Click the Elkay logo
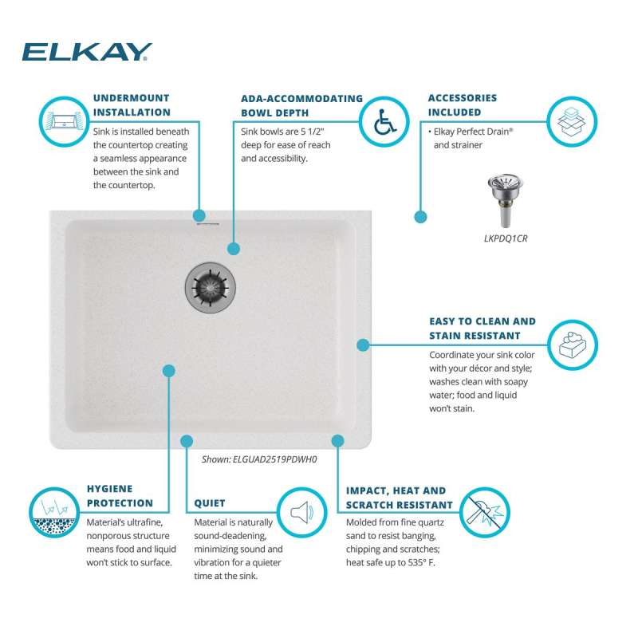pos(87,52)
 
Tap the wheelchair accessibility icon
pos(384,122)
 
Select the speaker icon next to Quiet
pos(302,512)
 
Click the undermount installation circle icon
pos(64,122)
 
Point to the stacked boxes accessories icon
pos(572,122)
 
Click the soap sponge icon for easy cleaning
pos(573,345)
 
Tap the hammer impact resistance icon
pos(485,512)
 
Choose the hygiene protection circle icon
pos(54,512)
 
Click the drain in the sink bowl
pos(211,287)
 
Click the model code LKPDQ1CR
pos(506,238)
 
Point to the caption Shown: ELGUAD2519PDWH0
pos(259,459)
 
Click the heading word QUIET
pos(210,503)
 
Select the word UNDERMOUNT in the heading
pos(132,98)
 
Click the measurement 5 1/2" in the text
pos(313,132)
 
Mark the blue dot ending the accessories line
pos(420,217)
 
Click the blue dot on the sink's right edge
pos(363,345)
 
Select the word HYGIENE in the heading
pos(110,489)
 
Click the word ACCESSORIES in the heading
pos(463,98)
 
